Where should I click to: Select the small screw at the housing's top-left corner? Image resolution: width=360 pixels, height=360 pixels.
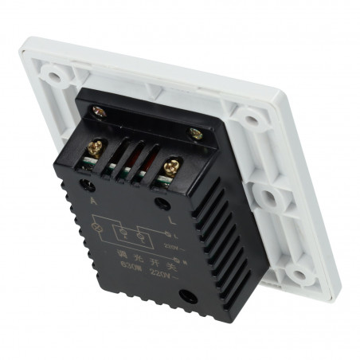(98, 112)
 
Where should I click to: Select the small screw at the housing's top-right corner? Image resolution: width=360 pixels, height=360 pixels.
(194, 135)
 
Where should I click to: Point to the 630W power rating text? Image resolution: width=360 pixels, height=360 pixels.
(127, 268)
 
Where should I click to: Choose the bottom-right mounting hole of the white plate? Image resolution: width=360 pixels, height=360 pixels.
(298, 275)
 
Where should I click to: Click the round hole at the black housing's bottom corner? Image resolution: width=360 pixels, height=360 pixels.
(189, 299)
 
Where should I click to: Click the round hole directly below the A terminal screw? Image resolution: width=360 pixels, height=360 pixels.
(84, 186)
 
